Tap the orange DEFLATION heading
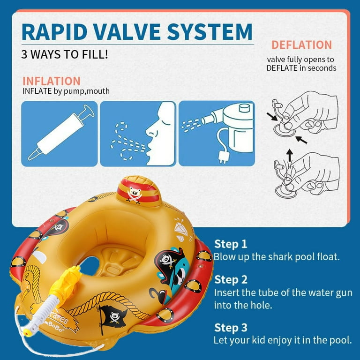pos(302,45)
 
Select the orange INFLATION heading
pos(52,81)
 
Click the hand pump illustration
pos(61,133)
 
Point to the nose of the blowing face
pos(150,131)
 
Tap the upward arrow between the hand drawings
pos(290,156)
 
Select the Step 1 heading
pos(231,244)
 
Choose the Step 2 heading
pos(231,280)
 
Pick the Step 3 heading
pos(231,327)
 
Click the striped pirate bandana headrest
pos(138,191)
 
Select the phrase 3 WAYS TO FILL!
pos(65,54)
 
